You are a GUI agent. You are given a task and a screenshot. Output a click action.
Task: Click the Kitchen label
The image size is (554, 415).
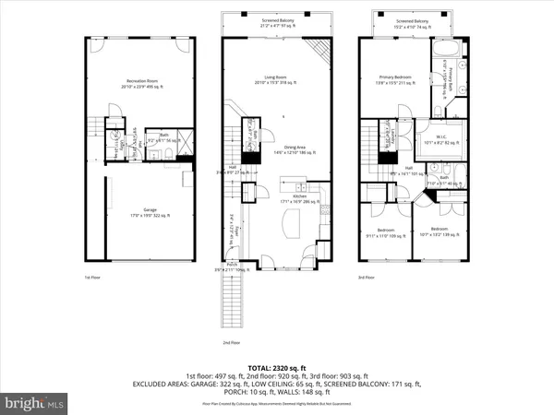pyautogui.click(x=299, y=197)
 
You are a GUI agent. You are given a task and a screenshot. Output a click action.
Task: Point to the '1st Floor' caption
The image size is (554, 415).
pyautogui.click(x=91, y=277)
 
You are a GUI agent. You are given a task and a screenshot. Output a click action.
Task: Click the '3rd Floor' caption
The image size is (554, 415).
pyautogui.click(x=367, y=277)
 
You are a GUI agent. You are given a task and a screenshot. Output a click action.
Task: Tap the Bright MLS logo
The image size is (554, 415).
pyautogui.click(x=35, y=403)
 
